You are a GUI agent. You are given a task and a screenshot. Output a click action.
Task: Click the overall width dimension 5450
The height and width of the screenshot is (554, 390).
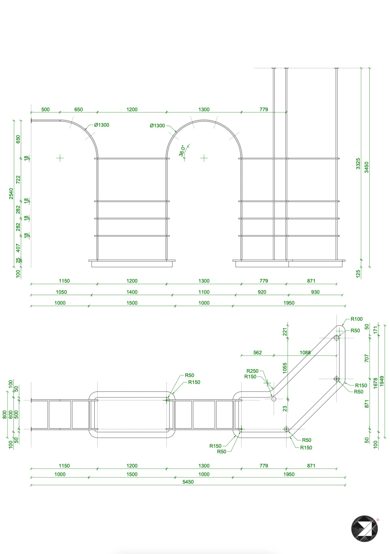coord(188,482)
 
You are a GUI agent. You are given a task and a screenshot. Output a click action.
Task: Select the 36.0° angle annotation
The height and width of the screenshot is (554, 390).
coord(182,151)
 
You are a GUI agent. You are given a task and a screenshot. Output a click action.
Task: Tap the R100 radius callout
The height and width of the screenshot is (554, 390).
coord(356,319)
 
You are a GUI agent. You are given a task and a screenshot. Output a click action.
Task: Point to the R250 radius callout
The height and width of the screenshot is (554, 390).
coord(252,371)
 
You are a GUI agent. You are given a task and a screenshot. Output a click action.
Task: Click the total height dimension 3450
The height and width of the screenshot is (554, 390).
coord(367,167)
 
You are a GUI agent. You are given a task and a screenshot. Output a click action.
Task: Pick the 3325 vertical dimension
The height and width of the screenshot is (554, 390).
coord(358,164)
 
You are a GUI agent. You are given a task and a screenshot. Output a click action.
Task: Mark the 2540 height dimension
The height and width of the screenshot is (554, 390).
coord(11,193)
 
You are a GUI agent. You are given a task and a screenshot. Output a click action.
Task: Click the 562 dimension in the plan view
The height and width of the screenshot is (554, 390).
coord(257,352)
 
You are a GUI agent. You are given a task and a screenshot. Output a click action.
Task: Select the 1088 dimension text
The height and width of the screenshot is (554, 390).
coord(305,352)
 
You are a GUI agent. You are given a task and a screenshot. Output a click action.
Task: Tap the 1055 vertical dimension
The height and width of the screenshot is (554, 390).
coord(285,368)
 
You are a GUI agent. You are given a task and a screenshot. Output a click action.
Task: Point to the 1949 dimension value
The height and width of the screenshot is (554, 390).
coord(382,381)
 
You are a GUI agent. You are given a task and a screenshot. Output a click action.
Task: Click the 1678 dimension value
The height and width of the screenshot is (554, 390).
coord(376,383)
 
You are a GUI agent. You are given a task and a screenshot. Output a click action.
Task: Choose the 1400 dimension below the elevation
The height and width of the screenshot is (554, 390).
coord(132,292)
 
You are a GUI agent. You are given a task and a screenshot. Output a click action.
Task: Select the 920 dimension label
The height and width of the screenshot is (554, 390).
coord(262,292)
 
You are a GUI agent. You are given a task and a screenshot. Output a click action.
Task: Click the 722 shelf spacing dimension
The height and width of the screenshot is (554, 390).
coord(18,180)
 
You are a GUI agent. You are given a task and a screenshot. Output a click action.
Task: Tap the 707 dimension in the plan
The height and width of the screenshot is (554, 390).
coord(367,358)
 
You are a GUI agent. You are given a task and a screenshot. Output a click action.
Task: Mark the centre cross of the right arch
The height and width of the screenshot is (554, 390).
coord(204,158)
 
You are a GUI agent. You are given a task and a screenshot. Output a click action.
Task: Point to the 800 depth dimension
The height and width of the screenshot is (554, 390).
coord(5,415)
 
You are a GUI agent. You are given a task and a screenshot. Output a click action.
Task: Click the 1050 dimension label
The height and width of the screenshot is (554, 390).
coord(61,292)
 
